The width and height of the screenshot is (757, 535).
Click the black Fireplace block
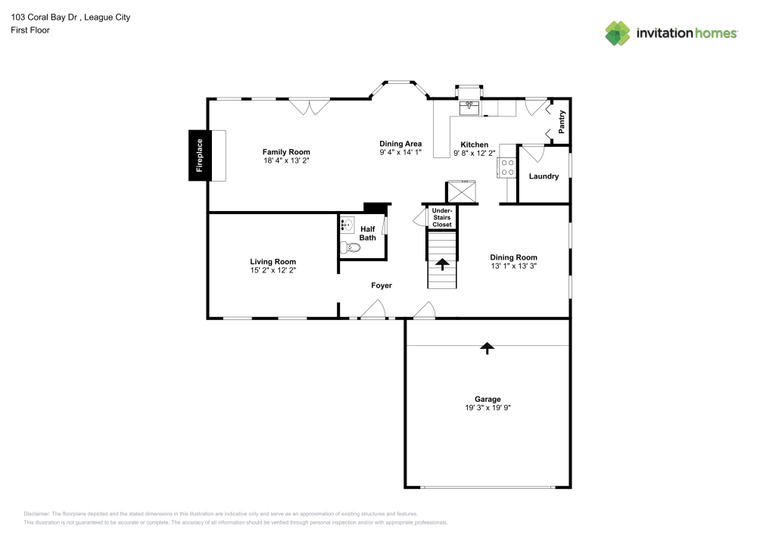coord(199,155)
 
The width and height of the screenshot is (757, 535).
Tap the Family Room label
coord(286,152)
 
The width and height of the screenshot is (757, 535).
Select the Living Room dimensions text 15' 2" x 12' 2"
coord(273,270)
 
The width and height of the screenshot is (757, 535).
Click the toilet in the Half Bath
coord(350,247)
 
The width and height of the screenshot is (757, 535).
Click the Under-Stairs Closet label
coord(442,217)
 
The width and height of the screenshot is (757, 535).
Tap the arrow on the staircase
coord(442,264)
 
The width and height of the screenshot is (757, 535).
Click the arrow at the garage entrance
coord(488,347)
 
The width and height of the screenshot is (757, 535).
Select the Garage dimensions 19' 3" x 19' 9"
coord(488,408)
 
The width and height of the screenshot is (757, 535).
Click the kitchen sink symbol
coord(469,107)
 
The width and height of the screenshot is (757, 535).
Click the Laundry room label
coord(544,176)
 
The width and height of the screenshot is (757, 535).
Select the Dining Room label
coord(513,257)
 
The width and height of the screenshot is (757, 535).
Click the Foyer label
coord(382,285)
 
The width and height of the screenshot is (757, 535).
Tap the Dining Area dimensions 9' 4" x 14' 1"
coord(400,153)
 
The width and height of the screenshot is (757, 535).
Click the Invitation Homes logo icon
coord(618,33)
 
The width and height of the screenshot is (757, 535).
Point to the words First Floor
coord(30,30)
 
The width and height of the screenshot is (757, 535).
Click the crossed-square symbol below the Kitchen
coord(461,191)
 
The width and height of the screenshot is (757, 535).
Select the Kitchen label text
coord(475,145)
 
